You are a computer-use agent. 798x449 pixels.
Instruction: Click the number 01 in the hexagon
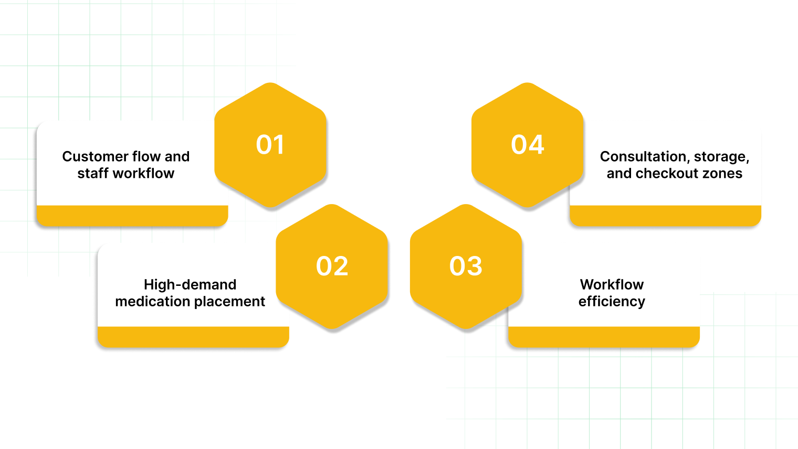pyautogui.click(x=270, y=145)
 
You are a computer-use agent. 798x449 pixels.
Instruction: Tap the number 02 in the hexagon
pyautogui.click(x=332, y=266)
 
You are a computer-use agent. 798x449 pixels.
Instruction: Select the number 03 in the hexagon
pyautogui.click(x=466, y=266)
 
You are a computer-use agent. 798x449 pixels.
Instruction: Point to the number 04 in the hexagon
pyautogui.click(x=528, y=145)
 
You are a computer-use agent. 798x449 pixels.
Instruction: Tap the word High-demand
pyautogui.click(x=190, y=285)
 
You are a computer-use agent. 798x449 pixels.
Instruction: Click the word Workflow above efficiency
pyautogui.click(x=612, y=285)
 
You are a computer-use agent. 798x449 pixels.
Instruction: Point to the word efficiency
pyautogui.click(x=612, y=302)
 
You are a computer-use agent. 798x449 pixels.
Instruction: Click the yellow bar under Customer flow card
pyautogui.click(x=132, y=216)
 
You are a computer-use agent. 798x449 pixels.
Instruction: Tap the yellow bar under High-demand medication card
pyautogui.click(x=193, y=337)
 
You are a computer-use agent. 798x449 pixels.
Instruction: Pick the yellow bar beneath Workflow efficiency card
pyautogui.click(x=604, y=337)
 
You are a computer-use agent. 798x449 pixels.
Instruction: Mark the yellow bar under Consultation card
pyautogui.click(x=665, y=216)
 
